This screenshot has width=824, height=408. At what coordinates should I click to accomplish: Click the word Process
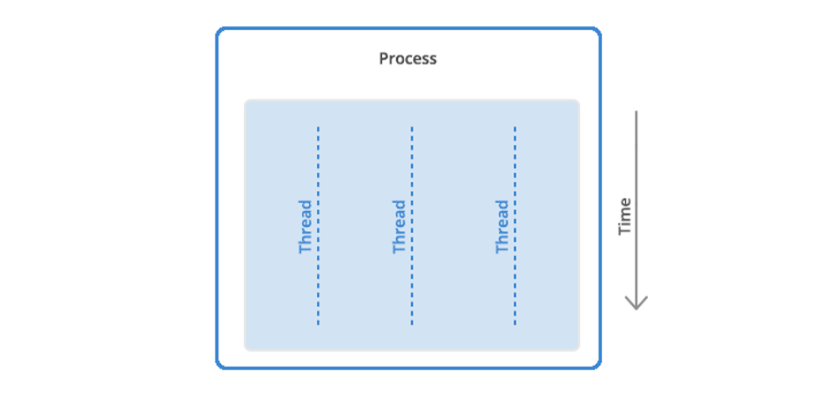[408, 58]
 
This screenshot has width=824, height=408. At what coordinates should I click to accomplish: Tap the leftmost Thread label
[305, 227]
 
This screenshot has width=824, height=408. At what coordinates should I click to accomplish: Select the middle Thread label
[400, 227]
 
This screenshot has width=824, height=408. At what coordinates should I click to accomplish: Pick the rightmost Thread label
[503, 227]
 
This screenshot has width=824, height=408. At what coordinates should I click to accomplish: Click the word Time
[624, 216]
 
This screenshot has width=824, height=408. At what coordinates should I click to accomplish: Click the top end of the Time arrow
[636, 111]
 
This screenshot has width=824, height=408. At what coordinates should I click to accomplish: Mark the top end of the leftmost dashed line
[318, 127]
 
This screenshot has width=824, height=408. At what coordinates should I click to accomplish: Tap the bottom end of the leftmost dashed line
[318, 324]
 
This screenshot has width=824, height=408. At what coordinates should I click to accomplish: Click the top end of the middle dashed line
[412, 127]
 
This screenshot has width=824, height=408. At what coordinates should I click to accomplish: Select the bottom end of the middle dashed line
[412, 324]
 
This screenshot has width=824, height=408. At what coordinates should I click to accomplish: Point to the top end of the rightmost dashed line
[515, 127]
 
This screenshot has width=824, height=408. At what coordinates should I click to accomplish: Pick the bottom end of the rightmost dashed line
[515, 324]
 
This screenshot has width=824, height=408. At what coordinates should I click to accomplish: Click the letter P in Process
[384, 58]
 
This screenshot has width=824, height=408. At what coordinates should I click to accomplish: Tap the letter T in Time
[624, 230]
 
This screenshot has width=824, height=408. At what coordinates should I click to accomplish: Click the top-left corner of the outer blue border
[218, 29]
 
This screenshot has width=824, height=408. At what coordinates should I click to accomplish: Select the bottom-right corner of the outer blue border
[600, 367]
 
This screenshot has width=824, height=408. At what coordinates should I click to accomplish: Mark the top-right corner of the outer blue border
[600, 29]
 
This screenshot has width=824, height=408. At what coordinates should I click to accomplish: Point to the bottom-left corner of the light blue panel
[246, 349]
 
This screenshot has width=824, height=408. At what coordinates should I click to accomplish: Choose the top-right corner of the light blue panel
[578, 100]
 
